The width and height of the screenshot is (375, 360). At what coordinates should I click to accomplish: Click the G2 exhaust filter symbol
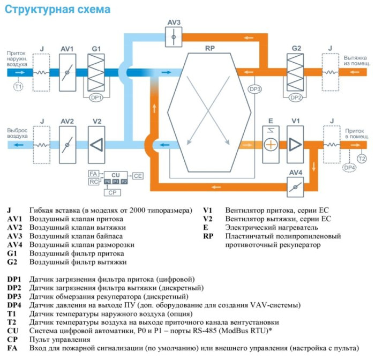(x=296, y=71)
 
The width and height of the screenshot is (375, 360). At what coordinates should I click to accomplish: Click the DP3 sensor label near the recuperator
(x=255, y=88)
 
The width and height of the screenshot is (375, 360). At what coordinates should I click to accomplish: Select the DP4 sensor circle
(x=349, y=168)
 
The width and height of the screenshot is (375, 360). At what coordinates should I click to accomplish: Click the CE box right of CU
(x=138, y=175)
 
